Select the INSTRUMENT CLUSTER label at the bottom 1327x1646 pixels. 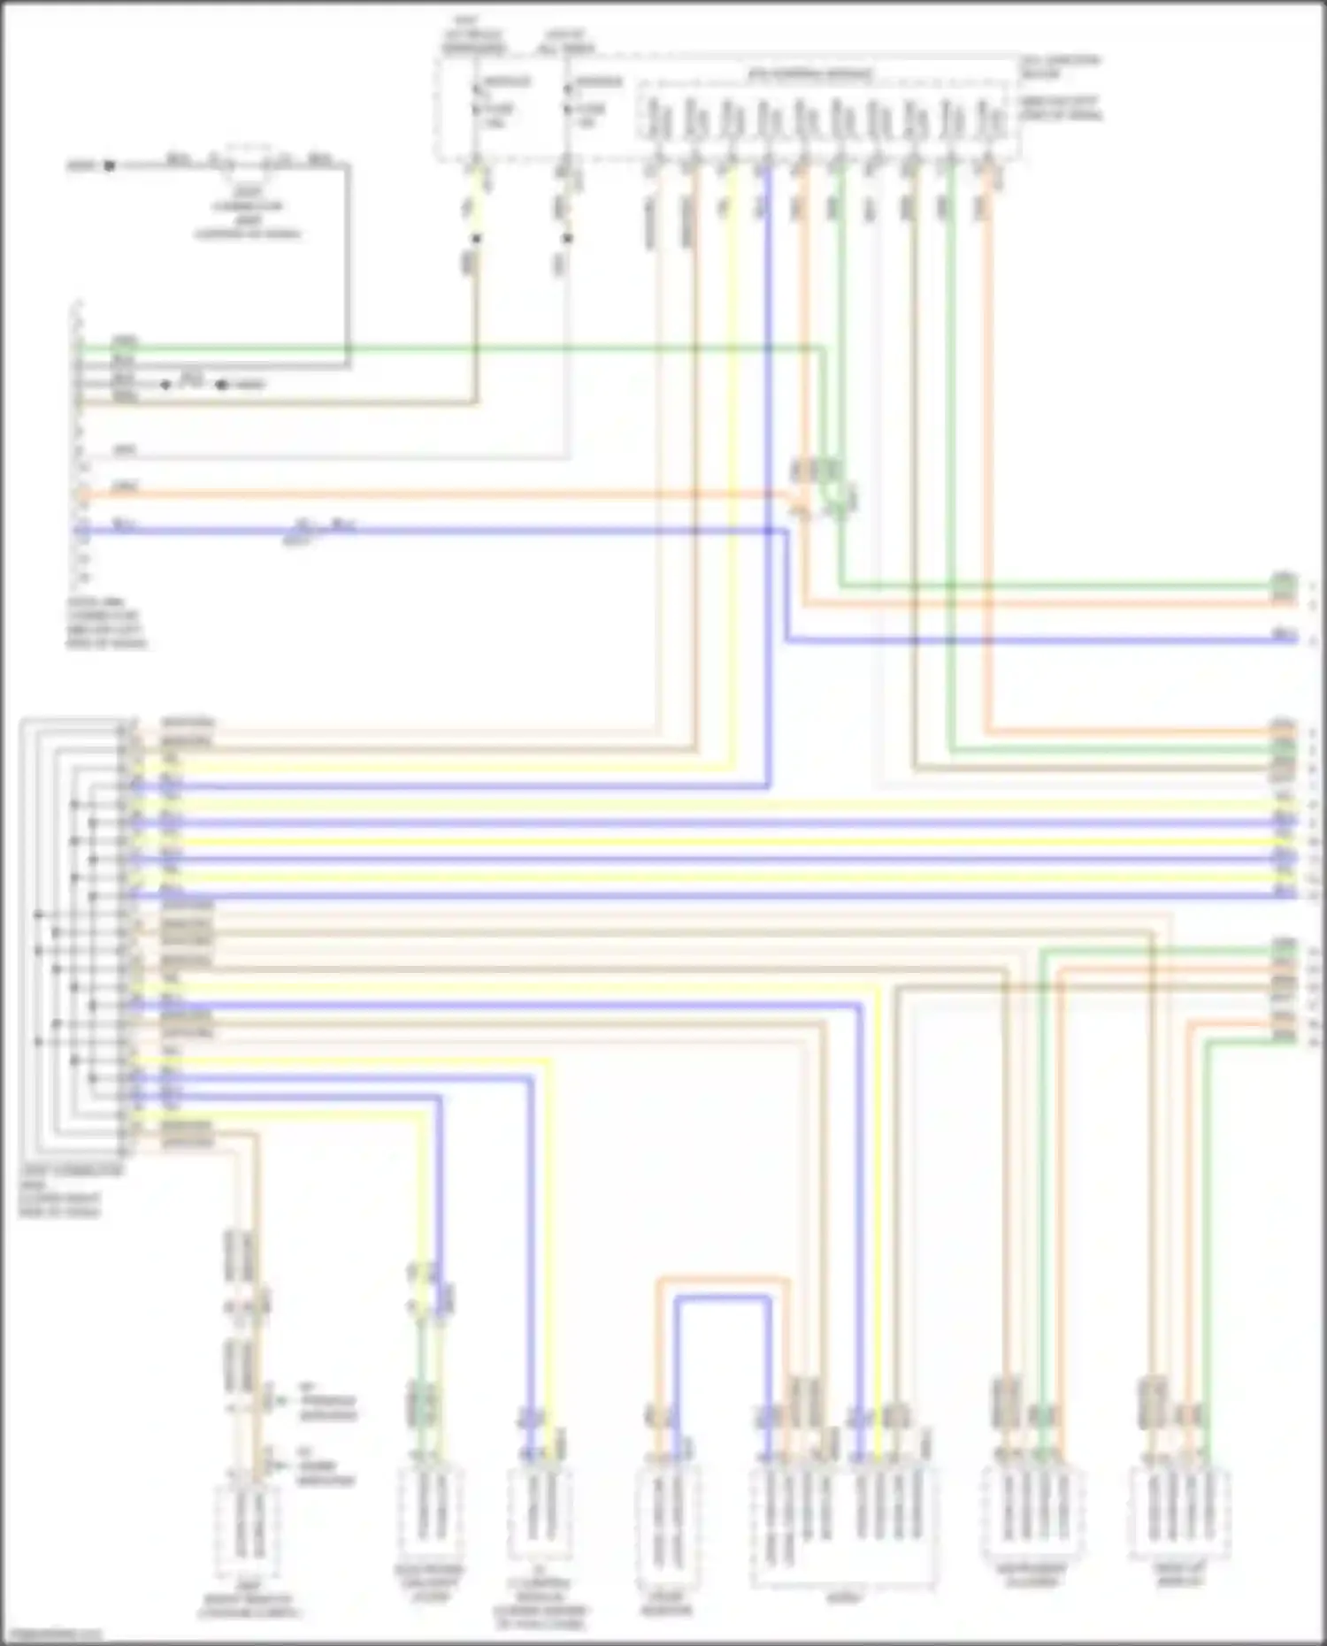1032,1575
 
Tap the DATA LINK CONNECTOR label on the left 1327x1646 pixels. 107,623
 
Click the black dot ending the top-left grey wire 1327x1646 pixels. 110,165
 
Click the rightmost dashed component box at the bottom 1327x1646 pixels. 1180,1513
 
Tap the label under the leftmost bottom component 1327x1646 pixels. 249,1604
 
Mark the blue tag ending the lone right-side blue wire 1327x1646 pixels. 1284,635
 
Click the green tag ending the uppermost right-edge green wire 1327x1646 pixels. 1283,582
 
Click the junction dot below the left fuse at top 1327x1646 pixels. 476,238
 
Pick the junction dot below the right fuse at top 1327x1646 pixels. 567,238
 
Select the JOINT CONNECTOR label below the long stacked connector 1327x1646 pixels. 71,1190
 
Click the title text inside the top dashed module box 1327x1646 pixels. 809,73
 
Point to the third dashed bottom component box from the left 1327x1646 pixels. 541,1514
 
